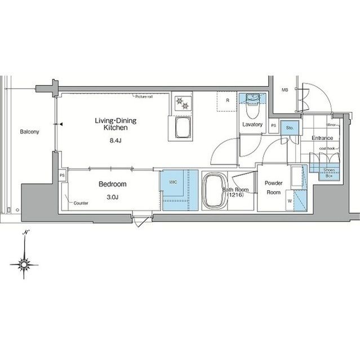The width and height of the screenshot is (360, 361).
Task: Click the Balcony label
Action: click(x=29, y=133)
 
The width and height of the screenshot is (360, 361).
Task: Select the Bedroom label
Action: click(x=112, y=184)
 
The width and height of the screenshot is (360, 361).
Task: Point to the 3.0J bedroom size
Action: click(x=113, y=197)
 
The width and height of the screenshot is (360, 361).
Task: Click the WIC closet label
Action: click(x=166, y=181)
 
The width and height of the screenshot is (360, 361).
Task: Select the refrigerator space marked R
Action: click(x=226, y=102)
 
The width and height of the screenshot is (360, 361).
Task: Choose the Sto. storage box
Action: click(x=288, y=128)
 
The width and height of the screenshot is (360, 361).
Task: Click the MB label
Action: click(x=285, y=90)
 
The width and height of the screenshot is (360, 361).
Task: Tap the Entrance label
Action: click(x=323, y=138)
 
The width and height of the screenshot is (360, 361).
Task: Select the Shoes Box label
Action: click(x=329, y=173)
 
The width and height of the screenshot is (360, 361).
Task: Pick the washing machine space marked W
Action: click(x=290, y=200)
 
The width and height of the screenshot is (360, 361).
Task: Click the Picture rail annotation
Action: click(x=145, y=97)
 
